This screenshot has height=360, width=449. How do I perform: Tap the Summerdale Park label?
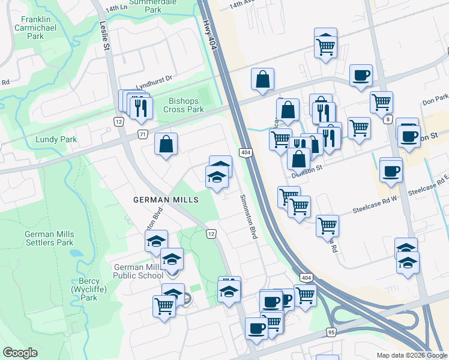point(145,6)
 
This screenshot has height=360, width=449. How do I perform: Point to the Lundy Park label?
point(56,139)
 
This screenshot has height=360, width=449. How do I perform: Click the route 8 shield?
point(388,120)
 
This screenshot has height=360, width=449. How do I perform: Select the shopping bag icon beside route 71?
point(166,144)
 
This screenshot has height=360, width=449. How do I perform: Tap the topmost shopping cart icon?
point(325,43)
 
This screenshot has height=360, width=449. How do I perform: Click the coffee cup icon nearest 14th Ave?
point(361,75)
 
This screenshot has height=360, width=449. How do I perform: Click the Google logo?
point(20,353)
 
